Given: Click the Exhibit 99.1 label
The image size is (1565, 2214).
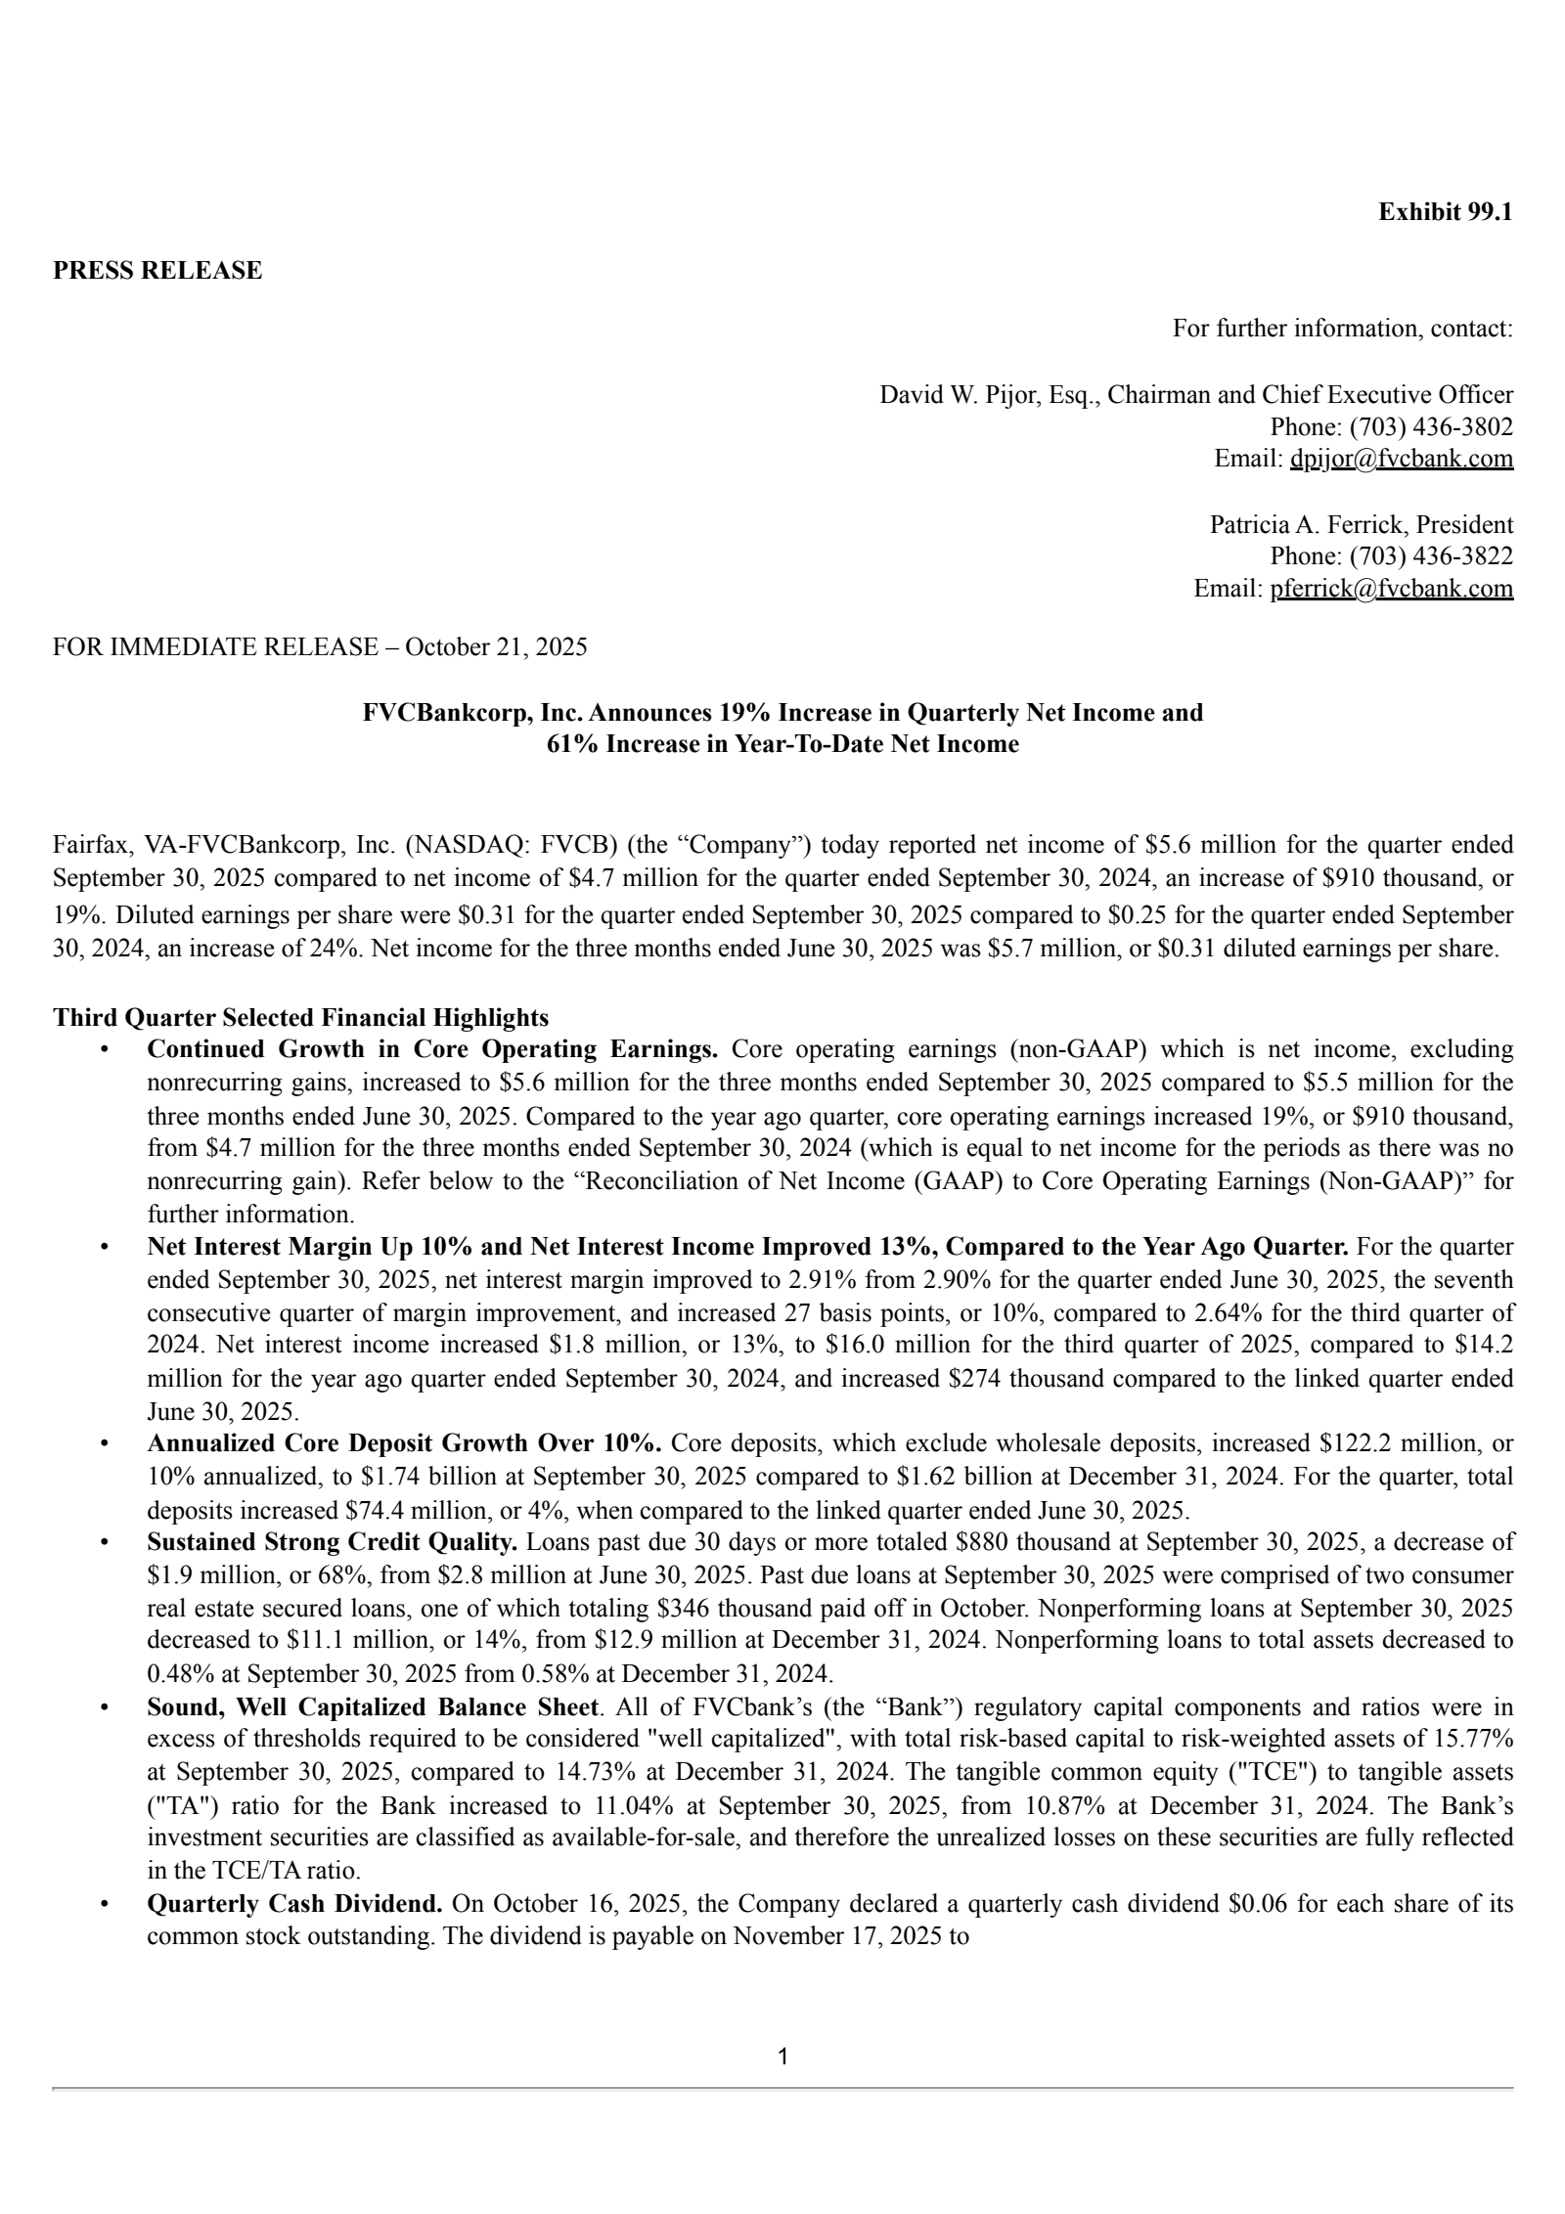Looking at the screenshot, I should tap(1445, 211).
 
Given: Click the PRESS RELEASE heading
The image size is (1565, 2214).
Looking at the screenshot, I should tap(157, 270).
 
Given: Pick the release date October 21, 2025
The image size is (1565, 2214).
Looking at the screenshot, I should tap(496, 646).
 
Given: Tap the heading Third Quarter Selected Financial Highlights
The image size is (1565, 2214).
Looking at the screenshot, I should tap(300, 1017).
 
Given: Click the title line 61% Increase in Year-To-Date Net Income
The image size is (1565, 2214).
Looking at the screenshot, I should tap(782, 744).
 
